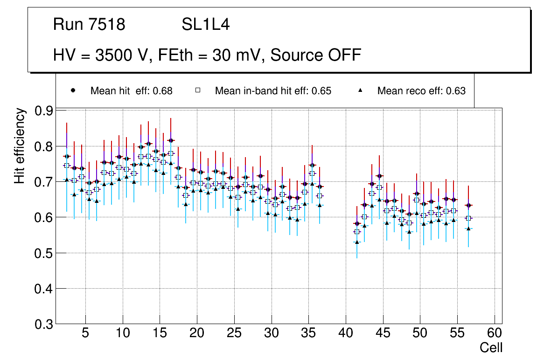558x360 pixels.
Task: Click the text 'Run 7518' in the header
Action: pyautogui.click(x=89, y=25)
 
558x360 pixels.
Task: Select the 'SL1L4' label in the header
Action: pyautogui.click(x=205, y=25)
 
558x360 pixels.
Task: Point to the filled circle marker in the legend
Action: pyautogui.click(x=73, y=90)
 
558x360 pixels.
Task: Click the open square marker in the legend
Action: pyautogui.click(x=198, y=90)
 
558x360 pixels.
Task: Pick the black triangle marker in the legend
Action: pyautogui.click(x=360, y=90)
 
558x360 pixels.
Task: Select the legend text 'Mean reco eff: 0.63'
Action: pyautogui.click(x=421, y=91)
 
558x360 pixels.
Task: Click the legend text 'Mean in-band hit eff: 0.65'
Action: pyautogui.click(x=273, y=91)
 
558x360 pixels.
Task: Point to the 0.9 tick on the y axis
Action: pyautogui.click(x=43, y=111)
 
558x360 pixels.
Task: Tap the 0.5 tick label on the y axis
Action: pyautogui.click(x=43, y=253)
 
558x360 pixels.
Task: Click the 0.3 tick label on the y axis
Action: pyautogui.click(x=43, y=324)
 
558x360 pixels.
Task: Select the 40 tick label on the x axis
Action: pyautogui.click(x=346, y=333)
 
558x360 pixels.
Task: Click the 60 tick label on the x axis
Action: pyautogui.click(x=495, y=333)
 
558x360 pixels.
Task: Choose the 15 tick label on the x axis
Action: pyautogui.click(x=160, y=333)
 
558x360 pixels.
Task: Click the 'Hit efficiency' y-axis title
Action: pyautogui.click(x=20, y=145)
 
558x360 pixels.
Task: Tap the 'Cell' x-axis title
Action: pyautogui.click(x=491, y=348)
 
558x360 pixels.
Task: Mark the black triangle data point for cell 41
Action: pyautogui.click(x=357, y=242)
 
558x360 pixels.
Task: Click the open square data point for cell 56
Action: pyautogui.click(x=468, y=218)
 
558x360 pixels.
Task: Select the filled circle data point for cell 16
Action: pyautogui.click(x=171, y=140)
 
